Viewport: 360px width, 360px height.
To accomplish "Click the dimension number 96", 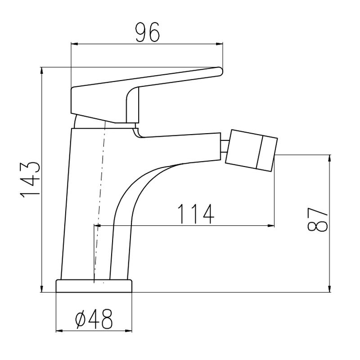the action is tap(147, 32).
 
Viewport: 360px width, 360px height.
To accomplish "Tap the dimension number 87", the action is tap(317, 219).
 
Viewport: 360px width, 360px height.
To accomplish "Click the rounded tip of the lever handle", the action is tap(220, 71).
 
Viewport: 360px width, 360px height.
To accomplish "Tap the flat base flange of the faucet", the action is tap(94, 286).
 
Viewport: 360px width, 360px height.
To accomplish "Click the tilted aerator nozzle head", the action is tap(252, 151).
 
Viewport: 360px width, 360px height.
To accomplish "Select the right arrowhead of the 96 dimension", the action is tap(220, 44).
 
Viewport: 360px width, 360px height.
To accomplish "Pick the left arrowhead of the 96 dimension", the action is tap(74, 44).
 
